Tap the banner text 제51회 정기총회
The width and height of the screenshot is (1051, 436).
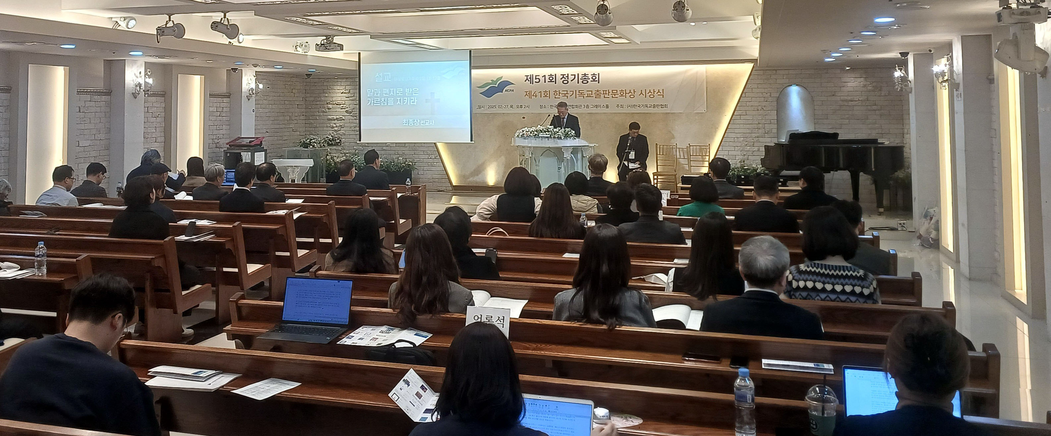(556, 78)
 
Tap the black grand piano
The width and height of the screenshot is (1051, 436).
(832, 159)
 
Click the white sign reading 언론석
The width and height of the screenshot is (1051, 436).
(488, 321)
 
